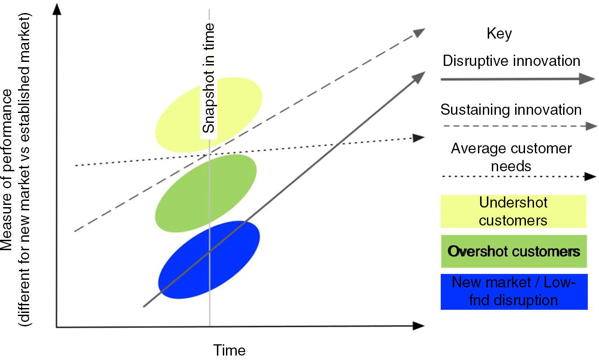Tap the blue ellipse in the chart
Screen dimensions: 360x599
click(x=188, y=269)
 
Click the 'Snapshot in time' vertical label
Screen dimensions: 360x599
click(x=209, y=78)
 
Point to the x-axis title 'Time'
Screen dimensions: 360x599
click(x=229, y=350)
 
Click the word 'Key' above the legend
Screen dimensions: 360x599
click(x=499, y=34)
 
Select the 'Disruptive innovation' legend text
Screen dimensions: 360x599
click(x=512, y=61)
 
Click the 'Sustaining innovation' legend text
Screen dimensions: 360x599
click(x=511, y=110)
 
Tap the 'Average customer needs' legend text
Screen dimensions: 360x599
click(x=511, y=157)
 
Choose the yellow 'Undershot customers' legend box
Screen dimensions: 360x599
click(x=513, y=211)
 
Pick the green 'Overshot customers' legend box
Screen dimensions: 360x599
click(x=514, y=251)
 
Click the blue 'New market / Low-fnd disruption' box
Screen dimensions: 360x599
click(x=514, y=291)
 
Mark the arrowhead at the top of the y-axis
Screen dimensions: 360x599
click(x=56, y=9)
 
